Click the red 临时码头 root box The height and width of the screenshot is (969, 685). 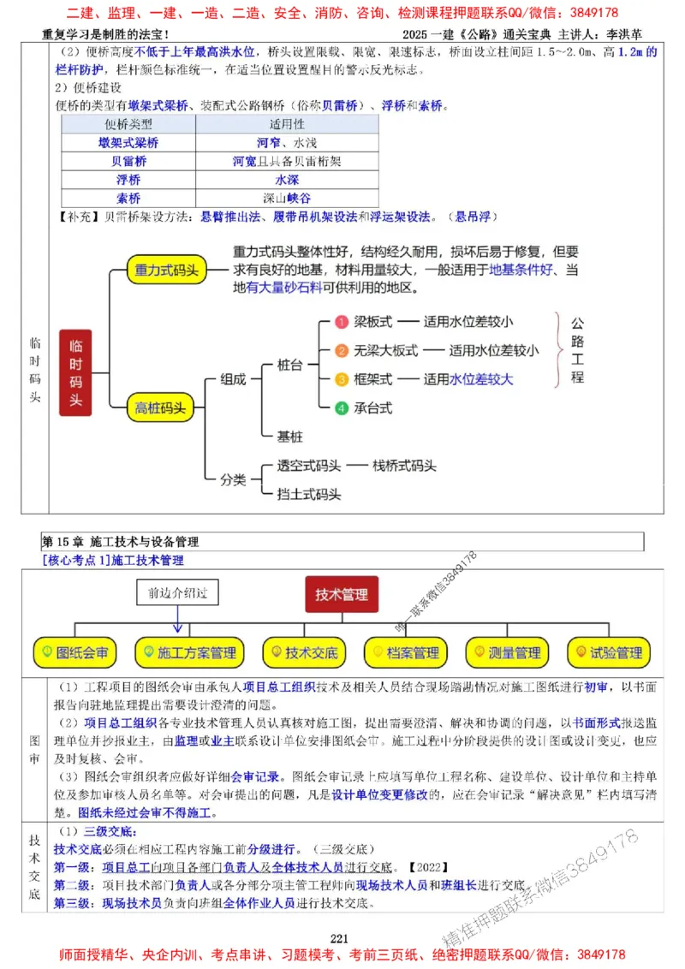point(75,372)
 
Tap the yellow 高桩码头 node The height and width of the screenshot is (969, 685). point(160,408)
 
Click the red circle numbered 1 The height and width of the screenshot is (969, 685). point(340,322)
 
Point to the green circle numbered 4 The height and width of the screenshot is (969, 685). point(341,408)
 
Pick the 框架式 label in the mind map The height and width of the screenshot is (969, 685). point(373,379)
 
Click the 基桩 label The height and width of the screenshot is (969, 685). point(289,437)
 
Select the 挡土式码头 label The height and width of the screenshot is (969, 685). point(309,494)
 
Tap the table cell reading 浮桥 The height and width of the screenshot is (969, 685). point(128,180)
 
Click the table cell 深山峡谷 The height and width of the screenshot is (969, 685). point(282,198)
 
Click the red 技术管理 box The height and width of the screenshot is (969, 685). point(342,594)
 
